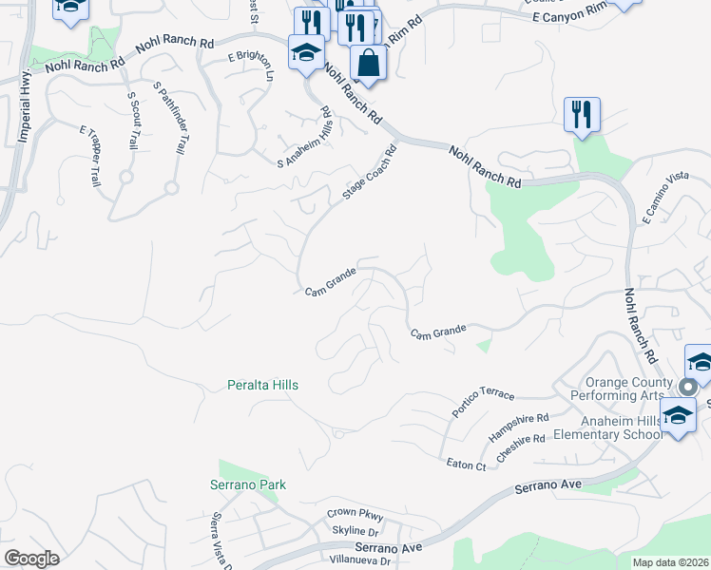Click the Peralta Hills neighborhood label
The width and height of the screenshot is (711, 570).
(263, 385)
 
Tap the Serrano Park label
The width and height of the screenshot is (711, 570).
(248, 484)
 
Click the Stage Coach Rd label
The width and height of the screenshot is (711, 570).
(369, 172)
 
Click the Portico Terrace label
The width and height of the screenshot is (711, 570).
(483, 403)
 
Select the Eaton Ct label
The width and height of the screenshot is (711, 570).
(467, 464)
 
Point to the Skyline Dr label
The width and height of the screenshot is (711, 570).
(355, 530)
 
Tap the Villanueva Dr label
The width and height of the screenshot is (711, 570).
(360, 560)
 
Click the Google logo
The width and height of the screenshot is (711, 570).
(31, 559)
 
